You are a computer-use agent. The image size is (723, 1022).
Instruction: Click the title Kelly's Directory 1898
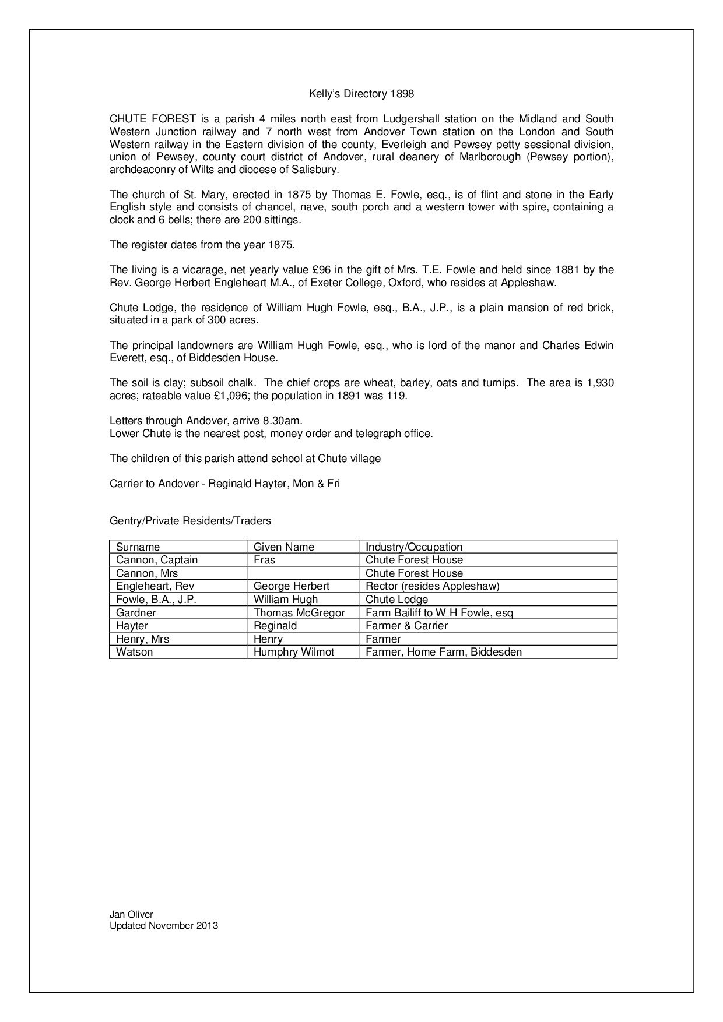click(x=361, y=94)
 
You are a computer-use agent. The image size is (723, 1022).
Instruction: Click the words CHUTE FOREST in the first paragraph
click(x=153, y=119)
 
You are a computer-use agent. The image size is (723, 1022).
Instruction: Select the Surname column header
click(x=138, y=547)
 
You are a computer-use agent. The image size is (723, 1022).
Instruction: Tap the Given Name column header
click(x=283, y=547)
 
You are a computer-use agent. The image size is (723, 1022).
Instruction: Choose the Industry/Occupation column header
click(x=413, y=547)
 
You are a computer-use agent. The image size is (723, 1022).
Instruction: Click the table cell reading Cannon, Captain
click(x=157, y=560)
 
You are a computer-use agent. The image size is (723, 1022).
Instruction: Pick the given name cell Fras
click(x=264, y=560)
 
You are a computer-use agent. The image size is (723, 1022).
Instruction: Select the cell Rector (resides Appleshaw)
click(x=432, y=586)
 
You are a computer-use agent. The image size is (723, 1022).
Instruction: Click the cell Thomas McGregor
click(x=299, y=612)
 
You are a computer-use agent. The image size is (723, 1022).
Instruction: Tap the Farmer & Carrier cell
click(x=406, y=626)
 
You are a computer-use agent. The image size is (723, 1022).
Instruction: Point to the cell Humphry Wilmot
click(x=294, y=652)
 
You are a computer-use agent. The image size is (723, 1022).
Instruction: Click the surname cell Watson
click(x=134, y=652)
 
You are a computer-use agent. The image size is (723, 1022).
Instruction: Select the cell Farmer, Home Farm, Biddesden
click(x=443, y=652)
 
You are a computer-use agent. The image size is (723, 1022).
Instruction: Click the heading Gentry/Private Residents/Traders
click(x=190, y=521)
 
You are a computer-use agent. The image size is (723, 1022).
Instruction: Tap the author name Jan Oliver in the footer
click(x=131, y=915)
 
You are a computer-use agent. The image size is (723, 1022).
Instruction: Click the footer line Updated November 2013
click(x=164, y=925)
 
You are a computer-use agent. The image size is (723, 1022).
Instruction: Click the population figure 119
click(x=398, y=396)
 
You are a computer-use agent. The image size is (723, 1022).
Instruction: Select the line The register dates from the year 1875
click(x=202, y=245)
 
